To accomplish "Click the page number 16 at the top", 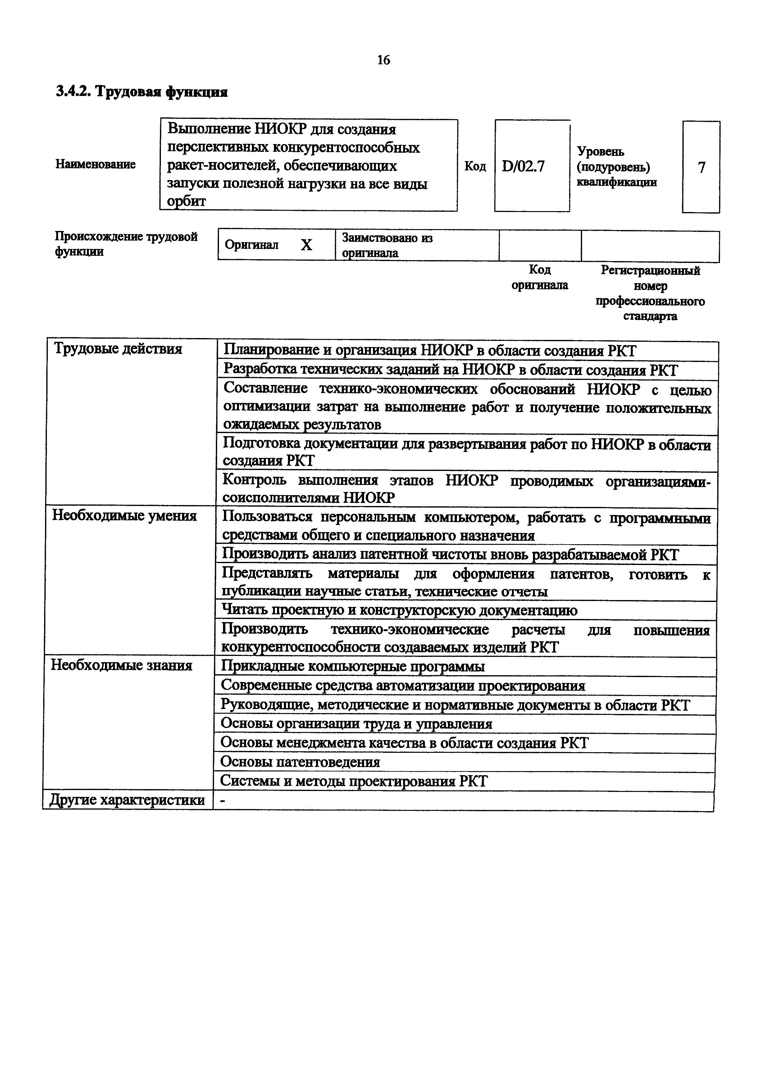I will tap(383, 60).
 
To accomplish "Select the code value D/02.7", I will tap(523, 166).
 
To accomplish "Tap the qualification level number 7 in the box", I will tap(701, 167).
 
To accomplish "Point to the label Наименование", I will tap(95, 164).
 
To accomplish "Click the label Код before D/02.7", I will tap(475, 166).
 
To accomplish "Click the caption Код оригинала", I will tap(540, 278).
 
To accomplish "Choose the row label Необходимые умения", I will tap(124, 516).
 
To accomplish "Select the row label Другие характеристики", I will tap(127, 801).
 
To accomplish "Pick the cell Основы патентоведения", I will tap(300, 762).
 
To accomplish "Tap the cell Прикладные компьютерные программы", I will tap(353, 667).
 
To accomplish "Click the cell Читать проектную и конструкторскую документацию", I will tap(399, 610).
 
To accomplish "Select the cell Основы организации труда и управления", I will tap(356, 724).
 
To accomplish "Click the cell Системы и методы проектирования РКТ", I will tap(354, 781).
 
